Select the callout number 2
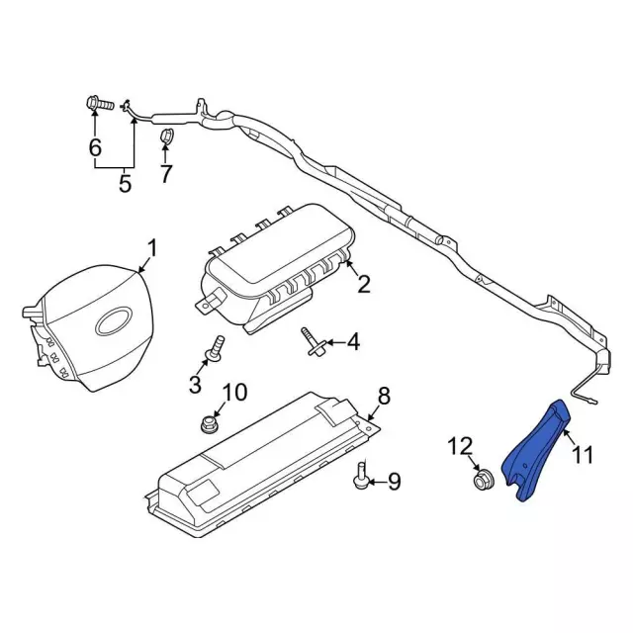tap(364, 285)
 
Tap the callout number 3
tap(196, 383)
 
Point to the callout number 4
tap(353, 343)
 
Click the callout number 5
tap(125, 184)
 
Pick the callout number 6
tap(95, 148)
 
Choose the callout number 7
tap(166, 174)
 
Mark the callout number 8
tap(384, 396)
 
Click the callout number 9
tap(393, 482)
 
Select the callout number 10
tap(233, 393)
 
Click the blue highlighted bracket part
tap(537, 451)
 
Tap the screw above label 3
tap(215, 347)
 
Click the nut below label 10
tap(209, 424)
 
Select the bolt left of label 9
tap(360, 480)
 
